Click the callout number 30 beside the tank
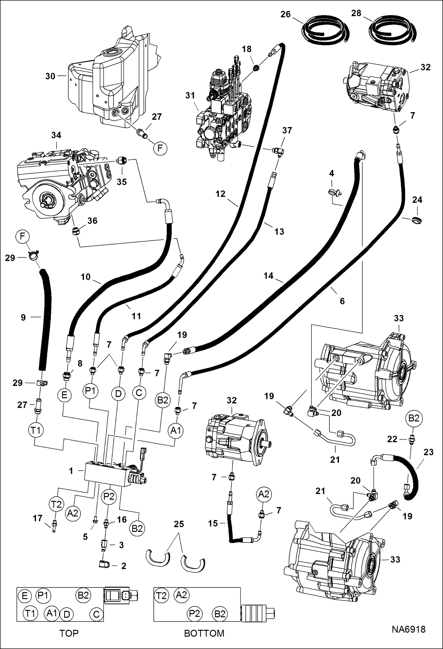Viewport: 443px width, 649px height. click(x=50, y=76)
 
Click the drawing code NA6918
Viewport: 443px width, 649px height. click(x=408, y=629)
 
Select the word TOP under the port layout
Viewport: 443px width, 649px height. click(x=69, y=633)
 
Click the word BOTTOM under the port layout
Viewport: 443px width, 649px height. click(x=204, y=633)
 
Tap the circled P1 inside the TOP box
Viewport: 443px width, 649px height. click(x=43, y=595)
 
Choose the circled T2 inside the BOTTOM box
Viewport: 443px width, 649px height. click(x=161, y=595)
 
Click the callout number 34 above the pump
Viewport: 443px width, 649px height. click(x=56, y=135)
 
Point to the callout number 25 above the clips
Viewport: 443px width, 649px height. click(x=179, y=524)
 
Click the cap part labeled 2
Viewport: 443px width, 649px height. click(x=104, y=565)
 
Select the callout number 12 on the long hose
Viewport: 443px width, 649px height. click(x=220, y=194)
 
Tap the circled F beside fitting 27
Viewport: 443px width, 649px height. click(x=160, y=148)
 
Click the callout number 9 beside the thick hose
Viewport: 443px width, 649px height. click(x=23, y=318)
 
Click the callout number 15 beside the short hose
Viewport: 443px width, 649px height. click(x=213, y=524)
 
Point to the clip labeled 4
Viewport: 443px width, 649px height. click(x=335, y=193)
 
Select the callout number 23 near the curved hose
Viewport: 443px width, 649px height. click(x=428, y=452)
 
